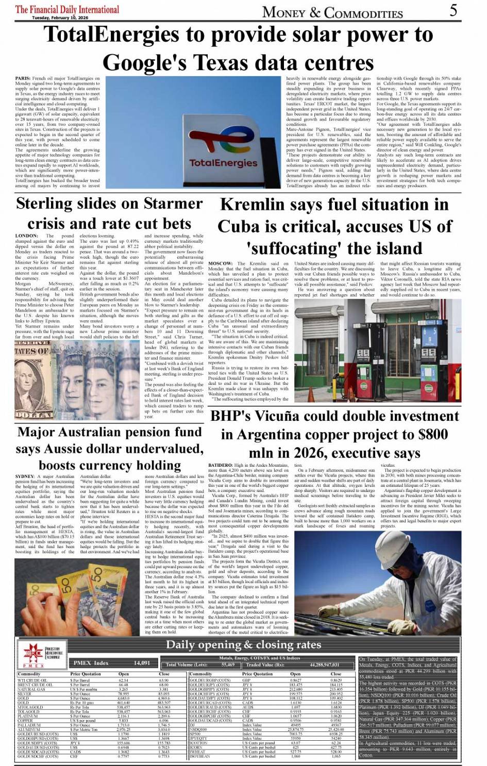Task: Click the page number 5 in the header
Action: tap(453, 10)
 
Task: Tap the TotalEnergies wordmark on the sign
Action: tap(223, 163)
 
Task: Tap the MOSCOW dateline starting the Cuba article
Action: tap(221, 264)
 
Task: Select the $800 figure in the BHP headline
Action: tap(433, 434)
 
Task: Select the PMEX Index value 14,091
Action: tap(142, 663)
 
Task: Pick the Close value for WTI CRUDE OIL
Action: tap(164, 680)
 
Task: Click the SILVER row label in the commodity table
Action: tap(24, 694)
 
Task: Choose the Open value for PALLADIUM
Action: tap(123, 725)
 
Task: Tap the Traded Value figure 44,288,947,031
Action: tap(325, 665)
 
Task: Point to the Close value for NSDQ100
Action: tap(335, 729)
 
